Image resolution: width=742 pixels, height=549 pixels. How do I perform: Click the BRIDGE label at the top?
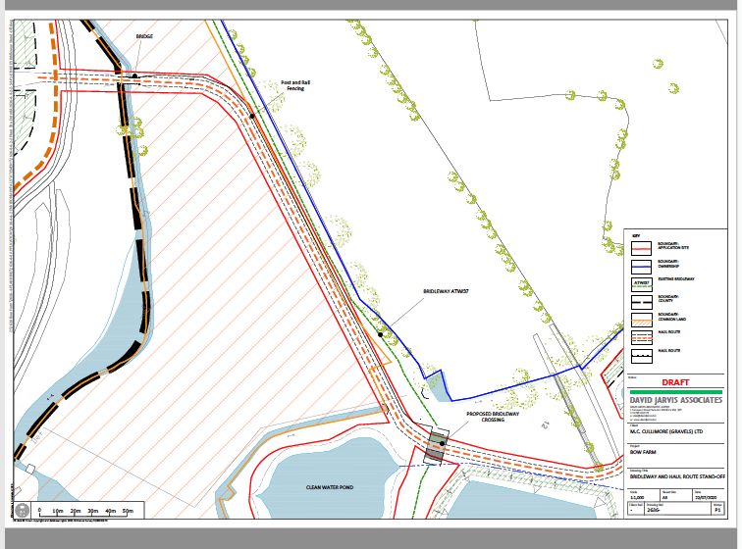[144, 36]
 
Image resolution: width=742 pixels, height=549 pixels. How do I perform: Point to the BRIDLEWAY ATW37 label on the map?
[447, 291]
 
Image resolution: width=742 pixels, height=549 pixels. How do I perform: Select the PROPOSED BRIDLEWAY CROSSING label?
[493, 423]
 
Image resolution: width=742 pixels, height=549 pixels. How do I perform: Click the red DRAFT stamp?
[676, 382]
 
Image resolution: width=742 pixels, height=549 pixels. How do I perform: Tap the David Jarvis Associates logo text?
[675, 401]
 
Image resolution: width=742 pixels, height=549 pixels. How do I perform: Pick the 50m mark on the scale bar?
[128, 512]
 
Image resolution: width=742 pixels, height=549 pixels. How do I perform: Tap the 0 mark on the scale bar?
[39, 512]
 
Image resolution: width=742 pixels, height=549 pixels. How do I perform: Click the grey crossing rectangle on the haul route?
[434, 449]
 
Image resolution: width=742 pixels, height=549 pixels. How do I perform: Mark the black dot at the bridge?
[135, 75]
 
